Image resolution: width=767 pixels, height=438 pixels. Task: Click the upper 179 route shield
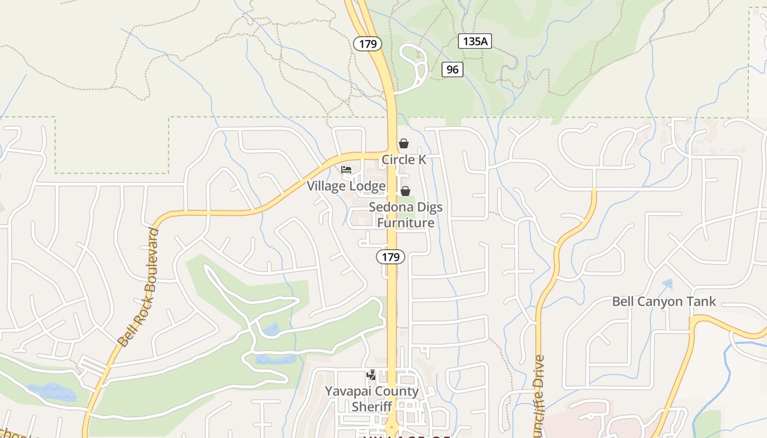[368, 44]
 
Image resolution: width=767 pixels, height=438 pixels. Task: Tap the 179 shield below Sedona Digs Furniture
[390, 256]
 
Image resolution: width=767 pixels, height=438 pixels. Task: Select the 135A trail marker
[474, 41]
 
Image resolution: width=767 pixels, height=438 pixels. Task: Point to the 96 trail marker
[452, 70]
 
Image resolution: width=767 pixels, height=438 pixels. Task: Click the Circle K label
[404, 159]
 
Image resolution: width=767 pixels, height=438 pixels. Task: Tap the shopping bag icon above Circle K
[404, 143]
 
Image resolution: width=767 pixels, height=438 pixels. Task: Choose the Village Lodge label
[346, 186]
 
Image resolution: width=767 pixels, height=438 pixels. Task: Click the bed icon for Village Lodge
[346, 170]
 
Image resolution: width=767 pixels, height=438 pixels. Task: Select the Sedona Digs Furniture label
[405, 215]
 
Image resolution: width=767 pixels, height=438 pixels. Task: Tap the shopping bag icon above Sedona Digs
[405, 191]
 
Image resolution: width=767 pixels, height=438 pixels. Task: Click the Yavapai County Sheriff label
[371, 399]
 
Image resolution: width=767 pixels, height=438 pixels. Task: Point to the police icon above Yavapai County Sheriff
[371, 376]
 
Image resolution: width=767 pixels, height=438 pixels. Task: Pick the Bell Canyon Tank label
[663, 301]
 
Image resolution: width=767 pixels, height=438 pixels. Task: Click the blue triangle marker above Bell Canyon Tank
[667, 284]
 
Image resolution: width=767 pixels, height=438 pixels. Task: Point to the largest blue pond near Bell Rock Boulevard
[52, 391]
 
